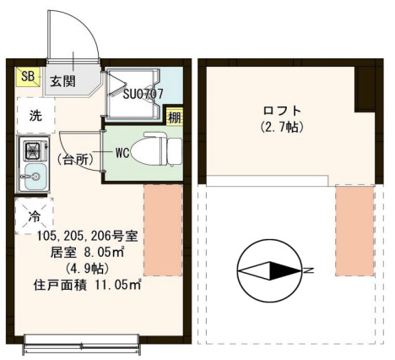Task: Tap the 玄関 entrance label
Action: click(60, 82)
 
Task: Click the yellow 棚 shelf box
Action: click(174, 117)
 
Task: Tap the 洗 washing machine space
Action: click(33, 115)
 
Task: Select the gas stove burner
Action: click(33, 152)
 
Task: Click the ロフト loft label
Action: click(282, 111)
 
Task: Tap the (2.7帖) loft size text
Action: click(282, 128)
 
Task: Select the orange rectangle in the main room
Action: click(163, 229)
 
